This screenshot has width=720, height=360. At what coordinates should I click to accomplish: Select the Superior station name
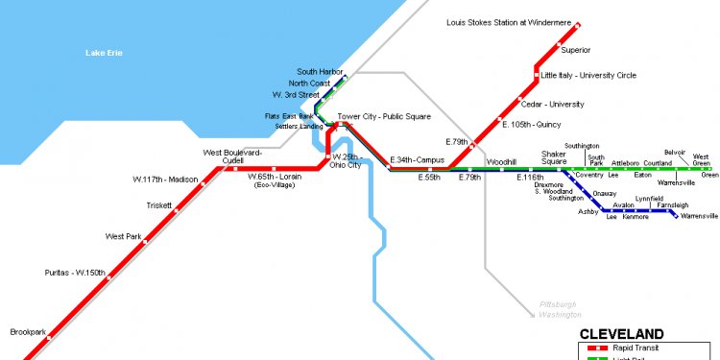[x=575, y=50]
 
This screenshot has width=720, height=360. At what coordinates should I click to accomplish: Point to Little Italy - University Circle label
[x=588, y=75]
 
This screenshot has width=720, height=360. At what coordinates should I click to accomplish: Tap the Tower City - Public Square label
[x=383, y=117]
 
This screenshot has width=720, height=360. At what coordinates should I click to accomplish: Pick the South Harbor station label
[x=320, y=72]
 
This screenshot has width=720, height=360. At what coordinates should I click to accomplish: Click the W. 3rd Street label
[x=295, y=95]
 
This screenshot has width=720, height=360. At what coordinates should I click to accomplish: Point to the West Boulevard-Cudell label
[x=232, y=156]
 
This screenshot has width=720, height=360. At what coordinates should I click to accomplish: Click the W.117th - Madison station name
[x=165, y=180]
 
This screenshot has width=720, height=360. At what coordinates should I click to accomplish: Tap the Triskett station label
[x=159, y=205]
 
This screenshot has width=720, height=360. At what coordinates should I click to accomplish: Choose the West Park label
[x=123, y=236]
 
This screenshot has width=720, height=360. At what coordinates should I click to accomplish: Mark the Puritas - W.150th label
[x=75, y=274]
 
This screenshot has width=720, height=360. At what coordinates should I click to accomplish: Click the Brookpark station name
[x=28, y=332]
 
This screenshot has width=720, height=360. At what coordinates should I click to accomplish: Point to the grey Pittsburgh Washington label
[x=559, y=309]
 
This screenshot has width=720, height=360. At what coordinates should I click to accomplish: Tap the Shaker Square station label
[x=554, y=157]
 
